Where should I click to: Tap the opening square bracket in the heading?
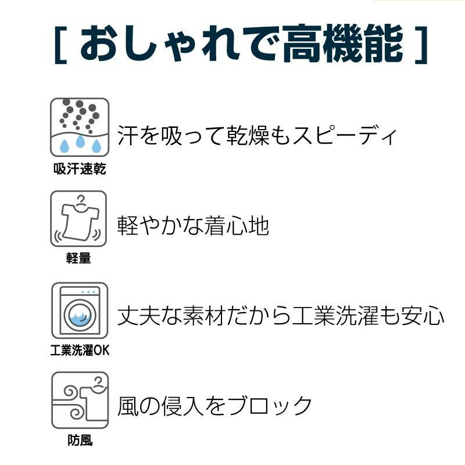pos(60,45)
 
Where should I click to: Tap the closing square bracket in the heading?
pos(421,45)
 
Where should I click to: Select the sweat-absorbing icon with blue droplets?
pos(80,127)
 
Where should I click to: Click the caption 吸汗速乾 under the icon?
pos(80,169)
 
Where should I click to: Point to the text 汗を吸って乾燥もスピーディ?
pos(257,135)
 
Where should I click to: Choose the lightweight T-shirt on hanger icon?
pos(78,219)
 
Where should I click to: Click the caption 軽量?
pos(78,257)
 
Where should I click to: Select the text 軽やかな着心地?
pos(194,226)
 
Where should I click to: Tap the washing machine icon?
pos(80,310)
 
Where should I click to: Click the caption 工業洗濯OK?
pos(80,350)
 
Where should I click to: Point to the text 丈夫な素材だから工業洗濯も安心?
pos(281,316)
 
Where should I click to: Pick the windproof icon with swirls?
pos(80,400)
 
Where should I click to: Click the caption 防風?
pos(80,440)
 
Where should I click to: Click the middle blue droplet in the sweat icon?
pos(80,141)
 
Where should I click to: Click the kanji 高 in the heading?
pos(302,44)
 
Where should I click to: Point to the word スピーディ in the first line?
pos(344,135)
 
